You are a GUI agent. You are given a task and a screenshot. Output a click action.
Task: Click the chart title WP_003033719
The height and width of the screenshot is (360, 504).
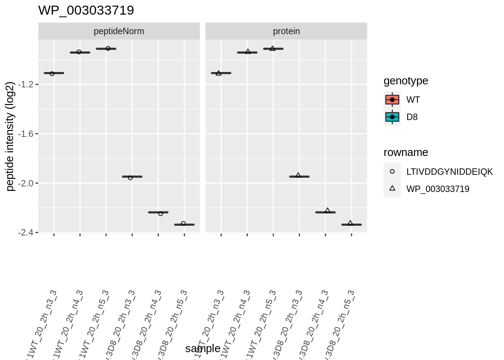pos(86,10)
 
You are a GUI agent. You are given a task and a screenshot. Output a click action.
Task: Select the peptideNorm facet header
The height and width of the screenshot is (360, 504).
pos(119,31)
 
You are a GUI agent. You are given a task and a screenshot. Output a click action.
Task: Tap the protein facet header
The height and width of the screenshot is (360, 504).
pos(286,31)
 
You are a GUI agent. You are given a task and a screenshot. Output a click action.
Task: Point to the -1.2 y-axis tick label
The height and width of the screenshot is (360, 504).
pos(26,84)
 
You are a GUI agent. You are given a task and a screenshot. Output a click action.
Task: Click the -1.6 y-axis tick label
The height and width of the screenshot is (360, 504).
pos(26,134)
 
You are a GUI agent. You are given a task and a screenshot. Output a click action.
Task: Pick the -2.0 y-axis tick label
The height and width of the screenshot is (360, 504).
pos(26,183)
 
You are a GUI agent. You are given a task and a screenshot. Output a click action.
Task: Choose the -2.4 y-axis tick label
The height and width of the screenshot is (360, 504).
pos(26,232)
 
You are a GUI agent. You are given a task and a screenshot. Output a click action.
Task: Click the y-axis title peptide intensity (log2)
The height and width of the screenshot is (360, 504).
pos(10,136)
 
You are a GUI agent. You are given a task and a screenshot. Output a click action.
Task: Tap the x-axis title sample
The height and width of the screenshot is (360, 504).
pos(202,348)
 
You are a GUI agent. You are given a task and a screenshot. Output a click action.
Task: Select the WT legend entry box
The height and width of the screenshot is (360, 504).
pos(392,100)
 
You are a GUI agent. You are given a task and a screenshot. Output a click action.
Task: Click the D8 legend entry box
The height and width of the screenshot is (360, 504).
pos(392,117)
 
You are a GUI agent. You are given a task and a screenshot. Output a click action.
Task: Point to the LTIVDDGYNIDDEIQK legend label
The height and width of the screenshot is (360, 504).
pos(449,172)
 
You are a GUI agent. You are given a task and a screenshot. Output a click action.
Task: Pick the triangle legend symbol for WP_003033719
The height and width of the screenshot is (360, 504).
pos(392,188)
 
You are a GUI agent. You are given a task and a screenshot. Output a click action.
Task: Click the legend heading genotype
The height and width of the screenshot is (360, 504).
pos(406,81)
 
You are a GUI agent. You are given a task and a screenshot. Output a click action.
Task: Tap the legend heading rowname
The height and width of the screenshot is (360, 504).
pos(406,153)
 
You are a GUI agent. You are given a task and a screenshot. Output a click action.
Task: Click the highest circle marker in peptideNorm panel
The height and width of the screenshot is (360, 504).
pos(108,48)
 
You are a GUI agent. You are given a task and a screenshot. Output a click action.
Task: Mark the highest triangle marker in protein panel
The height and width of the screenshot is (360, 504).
pos(273,48)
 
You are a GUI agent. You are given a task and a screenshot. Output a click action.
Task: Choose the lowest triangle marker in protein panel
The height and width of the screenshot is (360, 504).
pos(350,223)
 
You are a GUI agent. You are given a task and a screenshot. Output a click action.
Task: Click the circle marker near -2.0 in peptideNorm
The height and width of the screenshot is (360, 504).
pos(130,178)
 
